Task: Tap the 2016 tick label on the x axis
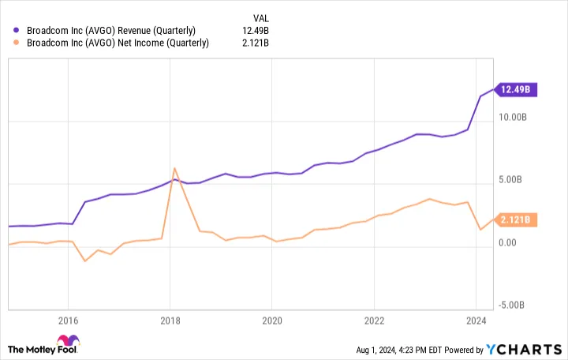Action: coord(68,321)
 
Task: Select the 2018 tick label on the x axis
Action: coord(170,321)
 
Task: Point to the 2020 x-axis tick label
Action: coord(271,321)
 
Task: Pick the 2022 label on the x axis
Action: coord(373,321)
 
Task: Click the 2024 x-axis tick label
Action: coord(475,321)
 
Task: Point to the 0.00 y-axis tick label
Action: coord(514,242)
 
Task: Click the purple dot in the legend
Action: coord(15,29)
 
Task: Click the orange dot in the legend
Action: coord(15,43)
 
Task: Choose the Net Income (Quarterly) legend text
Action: coord(118,43)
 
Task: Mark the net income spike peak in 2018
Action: coord(174,168)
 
